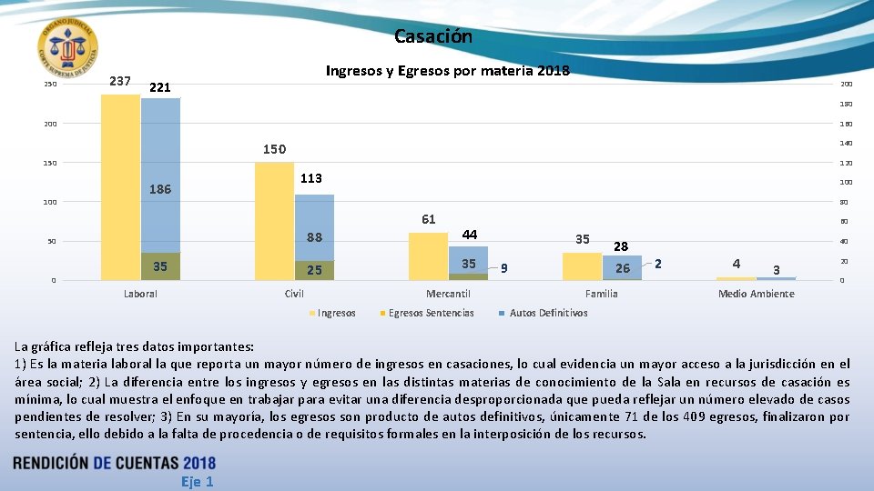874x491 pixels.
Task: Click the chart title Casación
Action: click(433, 37)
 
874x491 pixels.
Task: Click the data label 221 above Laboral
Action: click(160, 88)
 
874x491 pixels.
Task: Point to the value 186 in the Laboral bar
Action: click(160, 191)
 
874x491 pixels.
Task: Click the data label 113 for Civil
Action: click(311, 178)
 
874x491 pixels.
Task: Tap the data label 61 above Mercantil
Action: click(428, 219)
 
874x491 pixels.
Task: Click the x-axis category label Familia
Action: click(601, 294)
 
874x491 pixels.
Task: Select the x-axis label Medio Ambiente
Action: click(756, 294)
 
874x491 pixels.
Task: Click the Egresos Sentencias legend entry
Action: click(431, 313)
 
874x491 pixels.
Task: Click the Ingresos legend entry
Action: click(336, 313)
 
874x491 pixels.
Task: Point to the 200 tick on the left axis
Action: click(50, 124)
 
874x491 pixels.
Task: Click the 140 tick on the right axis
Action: click(846, 144)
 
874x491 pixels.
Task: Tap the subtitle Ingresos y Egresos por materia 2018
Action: click(447, 72)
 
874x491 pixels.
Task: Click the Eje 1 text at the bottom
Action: click(197, 482)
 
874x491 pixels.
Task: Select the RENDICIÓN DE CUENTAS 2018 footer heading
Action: click(115, 463)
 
